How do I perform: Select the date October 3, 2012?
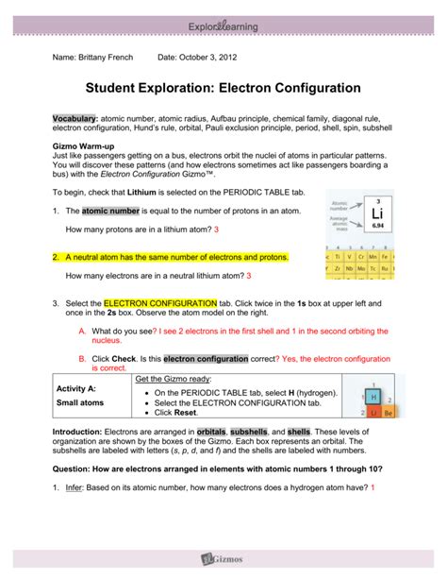pos(213,57)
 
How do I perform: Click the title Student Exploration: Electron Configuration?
pos(223,88)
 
